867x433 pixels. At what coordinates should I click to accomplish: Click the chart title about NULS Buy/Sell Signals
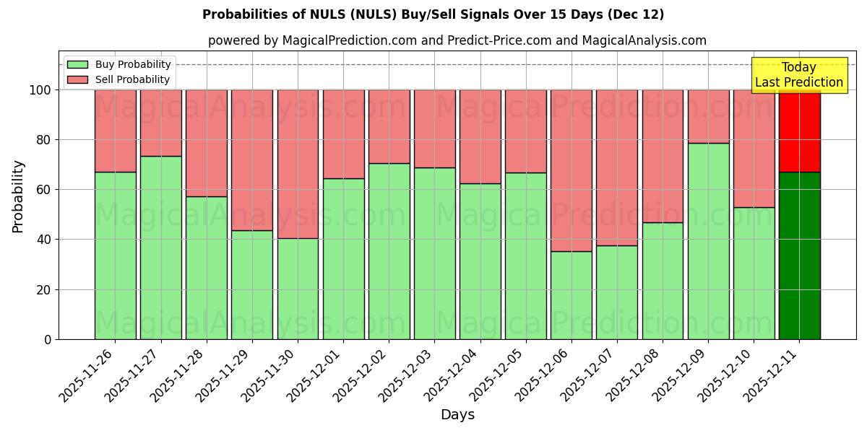433,14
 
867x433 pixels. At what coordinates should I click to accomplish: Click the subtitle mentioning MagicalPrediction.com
457,40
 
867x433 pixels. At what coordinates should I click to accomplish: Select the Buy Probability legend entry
119,64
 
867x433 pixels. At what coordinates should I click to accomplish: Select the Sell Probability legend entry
119,79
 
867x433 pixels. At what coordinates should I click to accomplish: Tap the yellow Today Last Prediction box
798,75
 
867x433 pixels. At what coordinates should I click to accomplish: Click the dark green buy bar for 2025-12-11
799,255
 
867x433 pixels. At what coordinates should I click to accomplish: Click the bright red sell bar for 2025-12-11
799,131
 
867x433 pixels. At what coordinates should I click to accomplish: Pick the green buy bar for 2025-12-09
708,241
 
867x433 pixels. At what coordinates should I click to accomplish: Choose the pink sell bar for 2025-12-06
571,170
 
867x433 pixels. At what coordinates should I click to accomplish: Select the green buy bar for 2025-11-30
298,289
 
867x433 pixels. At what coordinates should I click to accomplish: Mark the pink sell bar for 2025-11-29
252,160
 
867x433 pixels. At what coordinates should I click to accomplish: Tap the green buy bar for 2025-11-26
115,255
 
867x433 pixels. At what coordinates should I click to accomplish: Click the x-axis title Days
457,415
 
